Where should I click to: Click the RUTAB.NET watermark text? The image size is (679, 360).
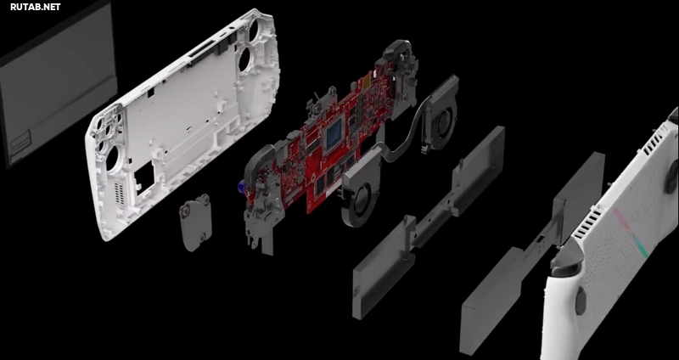click(x=36, y=7)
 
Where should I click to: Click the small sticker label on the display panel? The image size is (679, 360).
click(x=20, y=141)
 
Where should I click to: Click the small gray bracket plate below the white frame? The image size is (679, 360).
click(x=196, y=222)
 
